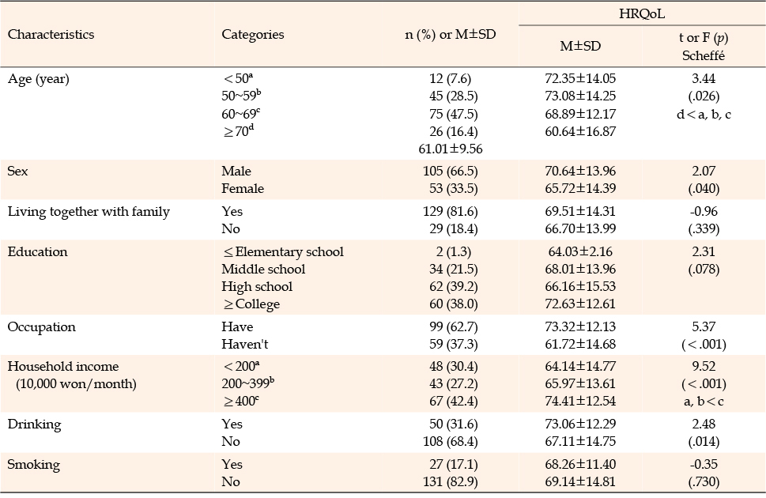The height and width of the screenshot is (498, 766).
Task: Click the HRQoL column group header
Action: [x=641, y=13]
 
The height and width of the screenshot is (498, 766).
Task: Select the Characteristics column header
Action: [x=51, y=34]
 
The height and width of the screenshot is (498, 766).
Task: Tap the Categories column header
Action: [x=252, y=34]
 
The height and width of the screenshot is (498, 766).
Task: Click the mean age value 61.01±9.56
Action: [x=451, y=149]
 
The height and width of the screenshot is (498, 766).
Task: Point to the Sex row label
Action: [x=17, y=171]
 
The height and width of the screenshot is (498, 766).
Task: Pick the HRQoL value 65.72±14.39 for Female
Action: [x=580, y=188]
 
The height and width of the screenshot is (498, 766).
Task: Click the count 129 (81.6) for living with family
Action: [x=451, y=211]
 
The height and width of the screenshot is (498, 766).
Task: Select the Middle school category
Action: [x=263, y=269]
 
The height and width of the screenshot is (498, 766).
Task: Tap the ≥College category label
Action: [x=251, y=304]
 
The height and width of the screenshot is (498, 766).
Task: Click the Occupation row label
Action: [x=42, y=327]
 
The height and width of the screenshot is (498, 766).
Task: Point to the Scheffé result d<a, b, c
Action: [x=704, y=115]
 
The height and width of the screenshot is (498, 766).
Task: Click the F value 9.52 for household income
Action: [x=704, y=366]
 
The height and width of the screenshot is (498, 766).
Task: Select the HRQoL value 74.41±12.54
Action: [x=580, y=401]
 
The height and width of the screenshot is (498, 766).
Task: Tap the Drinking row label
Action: [x=34, y=424]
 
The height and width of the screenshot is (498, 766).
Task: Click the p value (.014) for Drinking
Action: [x=704, y=441]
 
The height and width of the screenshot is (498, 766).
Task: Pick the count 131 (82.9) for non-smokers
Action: [x=451, y=481]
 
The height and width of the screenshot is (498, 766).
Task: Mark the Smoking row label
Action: [x=34, y=465]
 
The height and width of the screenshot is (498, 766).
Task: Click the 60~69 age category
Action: [x=241, y=113]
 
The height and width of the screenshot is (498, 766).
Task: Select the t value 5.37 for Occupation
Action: [x=704, y=326]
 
